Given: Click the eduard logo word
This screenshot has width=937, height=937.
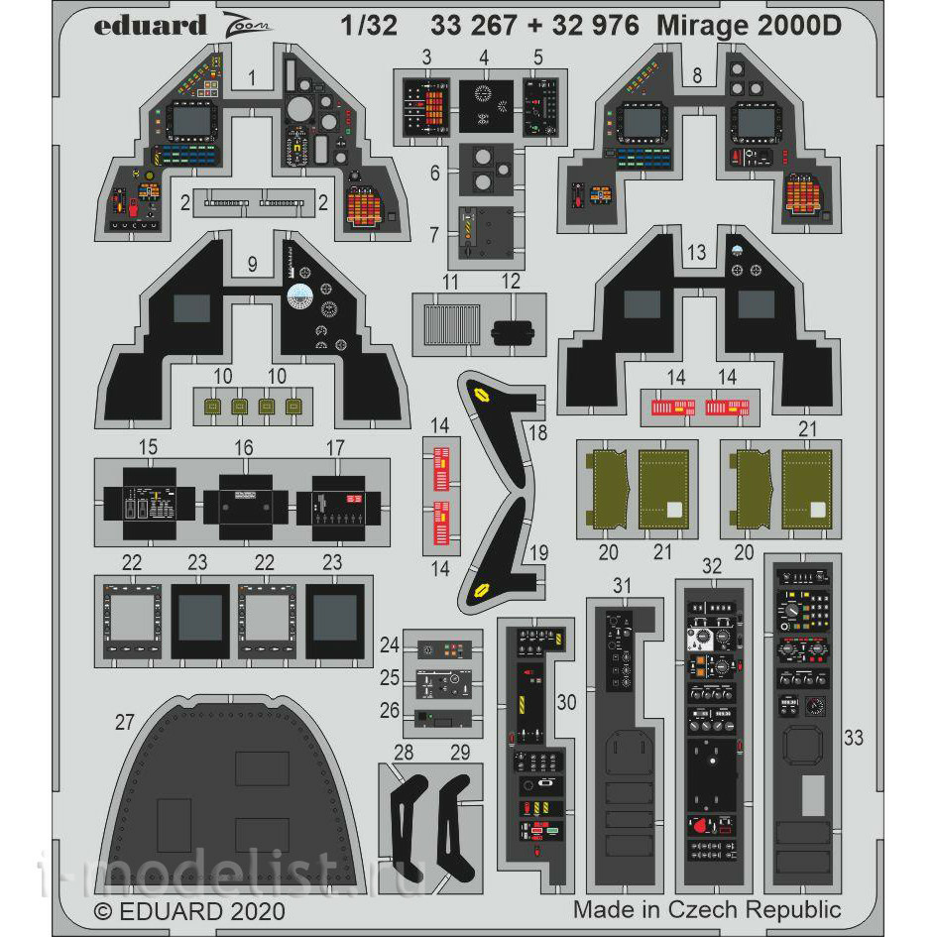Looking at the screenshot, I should tap(151, 26).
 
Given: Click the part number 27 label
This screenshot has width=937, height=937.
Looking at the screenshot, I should tap(124, 723).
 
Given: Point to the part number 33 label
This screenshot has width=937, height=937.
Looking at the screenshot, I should tap(854, 737).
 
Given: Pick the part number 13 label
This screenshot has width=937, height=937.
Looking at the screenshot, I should tap(696, 254).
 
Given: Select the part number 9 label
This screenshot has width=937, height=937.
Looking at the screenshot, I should tap(252, 264).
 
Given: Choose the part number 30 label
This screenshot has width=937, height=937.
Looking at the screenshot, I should tap(566, 702).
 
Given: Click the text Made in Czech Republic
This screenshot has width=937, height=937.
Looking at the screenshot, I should tap(706, 908).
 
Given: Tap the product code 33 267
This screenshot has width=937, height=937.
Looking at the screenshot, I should tap(474, 26).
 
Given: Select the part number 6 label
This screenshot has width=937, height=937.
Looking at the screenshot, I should tap(434, 173).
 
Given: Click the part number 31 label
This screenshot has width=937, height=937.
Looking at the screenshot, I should tap(621, 587).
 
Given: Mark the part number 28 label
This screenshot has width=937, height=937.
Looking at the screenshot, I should tap(404, 753).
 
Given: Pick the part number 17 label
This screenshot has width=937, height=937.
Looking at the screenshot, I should tap(334, 448).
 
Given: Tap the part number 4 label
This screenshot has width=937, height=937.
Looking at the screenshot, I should tap(483, 59).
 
